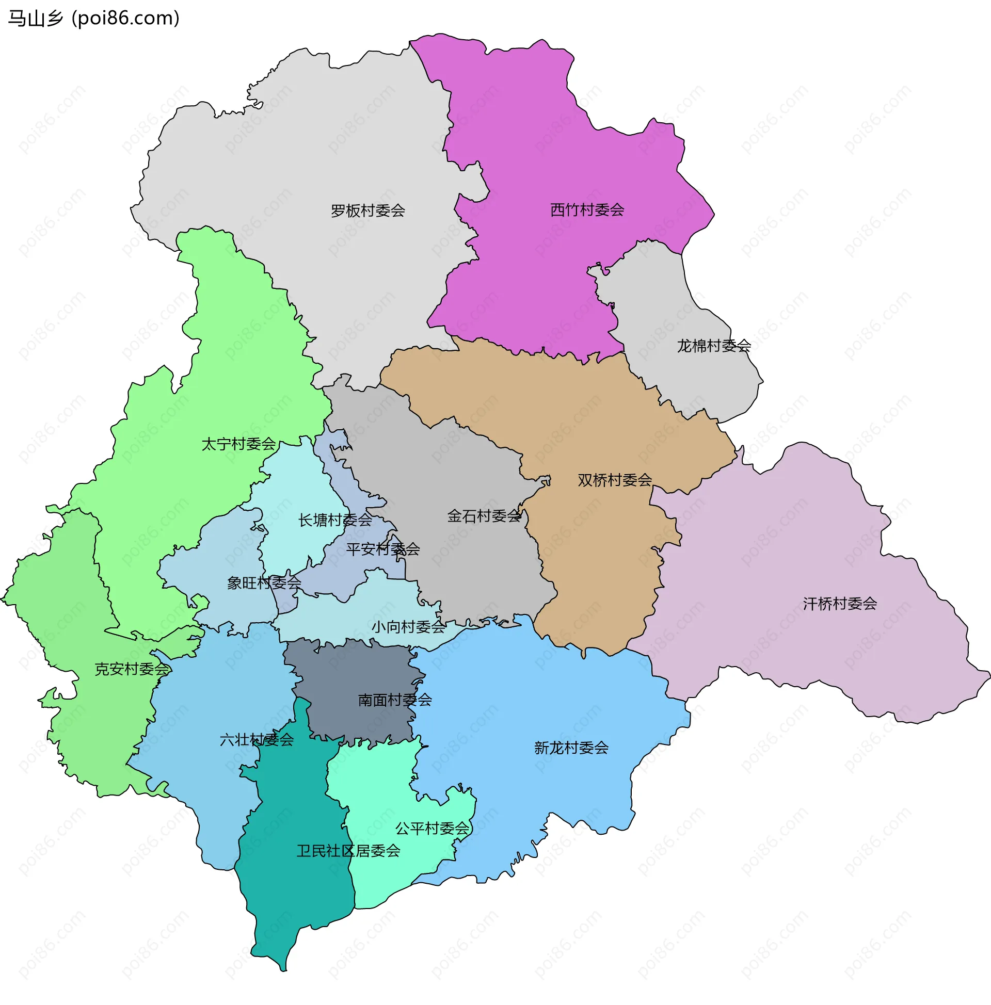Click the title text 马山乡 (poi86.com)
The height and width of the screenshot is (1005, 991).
pyautogui.click(x=94, y=18)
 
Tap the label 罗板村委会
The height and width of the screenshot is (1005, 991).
pyautogui.click(x=368, y=210)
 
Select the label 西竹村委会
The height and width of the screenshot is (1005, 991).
pyautogui.click(x=587, y=209)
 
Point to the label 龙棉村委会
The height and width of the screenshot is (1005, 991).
pyautogui.click(x=714, y=345)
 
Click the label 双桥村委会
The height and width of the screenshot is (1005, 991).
pyautogui.click(x=615, y=480)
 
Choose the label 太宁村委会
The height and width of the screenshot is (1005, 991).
pyautogui.click(x=238, y=444)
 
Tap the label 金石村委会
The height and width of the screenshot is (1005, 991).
pyautogui.click(x=484, y=515)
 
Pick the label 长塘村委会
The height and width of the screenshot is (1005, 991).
pyautogui.click(x=334, y=520)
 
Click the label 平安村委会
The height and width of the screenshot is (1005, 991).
pyautogui.click(x=383, y=549)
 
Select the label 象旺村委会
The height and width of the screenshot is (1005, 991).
pyautogui.click(x=264, y=582)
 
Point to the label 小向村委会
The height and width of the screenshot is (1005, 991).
pyautogui.click(x=408, y=627)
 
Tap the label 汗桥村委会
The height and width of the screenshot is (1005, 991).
pyautogui.click(x=840, y=604)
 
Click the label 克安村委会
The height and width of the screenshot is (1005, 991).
pyautogui.click(x=132, y=669)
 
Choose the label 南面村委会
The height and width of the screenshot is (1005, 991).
pyautogui.click(x=395, y=700)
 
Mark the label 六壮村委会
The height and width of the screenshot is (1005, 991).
pyautogui.click(x=257, y=739)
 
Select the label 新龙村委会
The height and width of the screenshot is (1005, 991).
pyautogui.click(x=571, y=748)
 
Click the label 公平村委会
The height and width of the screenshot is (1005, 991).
pyautogui.click(x=432, y=828)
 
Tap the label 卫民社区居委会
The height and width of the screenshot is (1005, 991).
pyautogui.click(x=348, y=851)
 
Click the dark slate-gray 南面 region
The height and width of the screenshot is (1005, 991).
pyautogui.click(x=359, y=671)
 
